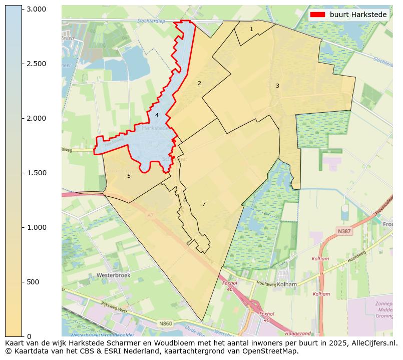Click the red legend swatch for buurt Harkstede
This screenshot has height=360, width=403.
point(318,15)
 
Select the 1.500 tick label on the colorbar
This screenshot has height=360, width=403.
point(36,173)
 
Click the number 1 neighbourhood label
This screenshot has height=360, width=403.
point(251,30)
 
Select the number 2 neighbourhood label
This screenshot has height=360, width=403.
point(199,83)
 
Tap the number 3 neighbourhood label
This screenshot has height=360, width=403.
point(277,86)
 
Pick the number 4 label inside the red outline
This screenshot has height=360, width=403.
point(157,115)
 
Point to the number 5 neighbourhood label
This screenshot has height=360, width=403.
point(129,176)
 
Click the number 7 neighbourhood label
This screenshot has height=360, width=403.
point(204,204)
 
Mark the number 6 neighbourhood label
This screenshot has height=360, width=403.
point(185,200)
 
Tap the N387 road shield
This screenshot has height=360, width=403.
point(344,231)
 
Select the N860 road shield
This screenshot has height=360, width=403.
point(166,324)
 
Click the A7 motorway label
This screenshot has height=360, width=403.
point(150,215)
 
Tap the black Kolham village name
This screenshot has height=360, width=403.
point(287,284)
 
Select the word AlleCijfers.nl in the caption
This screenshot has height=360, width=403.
point(372,343)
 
